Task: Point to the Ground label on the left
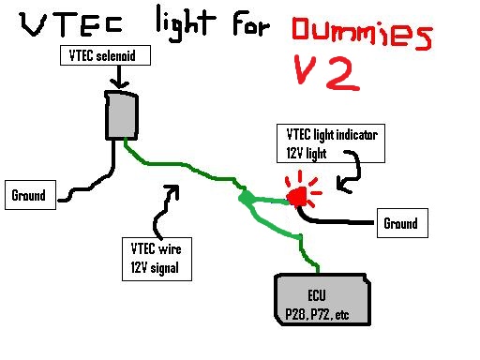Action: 30,197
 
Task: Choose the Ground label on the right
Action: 399,224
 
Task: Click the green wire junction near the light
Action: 245,199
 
